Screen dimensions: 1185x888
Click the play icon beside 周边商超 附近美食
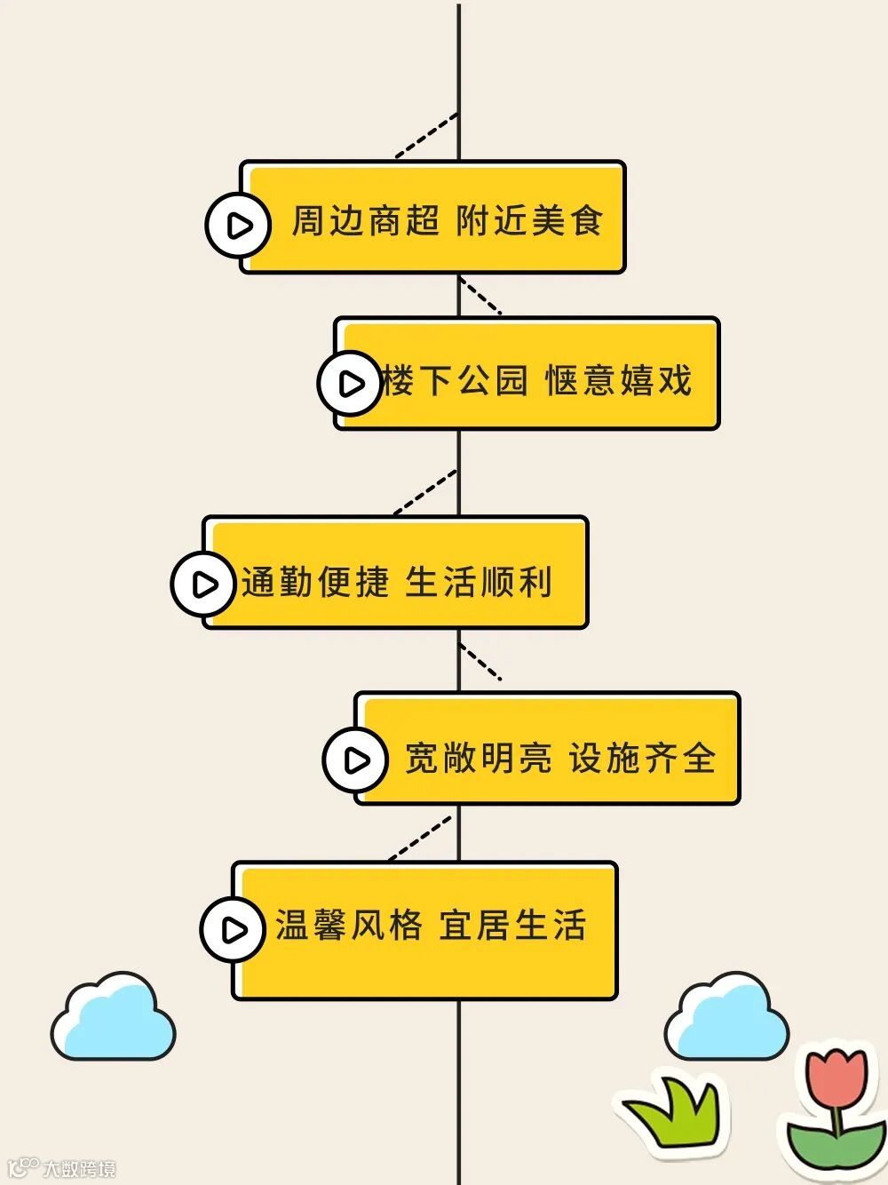[x=238, y=226]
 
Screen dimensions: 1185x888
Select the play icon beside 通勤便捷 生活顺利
[x=204, y=584]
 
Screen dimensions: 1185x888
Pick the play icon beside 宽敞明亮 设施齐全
[x=355, y=760]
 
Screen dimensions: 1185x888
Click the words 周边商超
[x=365, y=221]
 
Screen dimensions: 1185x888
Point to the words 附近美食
[x=529, y=221]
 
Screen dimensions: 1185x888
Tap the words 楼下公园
[x=455, y=381]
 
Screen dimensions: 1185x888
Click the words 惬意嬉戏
[x=618, y=381]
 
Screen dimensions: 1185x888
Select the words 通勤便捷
[x=315, y=583]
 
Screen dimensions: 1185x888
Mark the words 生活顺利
[x=479, y=583]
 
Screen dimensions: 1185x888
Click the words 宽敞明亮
[x=478, y=759]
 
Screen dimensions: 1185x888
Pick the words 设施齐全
[x=642, y=759]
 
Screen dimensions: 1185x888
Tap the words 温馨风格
[x=348, y=926]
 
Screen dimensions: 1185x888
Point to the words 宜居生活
[x=512, y=926]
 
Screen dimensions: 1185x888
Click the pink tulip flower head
[x=836, y=1078]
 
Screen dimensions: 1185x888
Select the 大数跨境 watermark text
[x=79, y=1168]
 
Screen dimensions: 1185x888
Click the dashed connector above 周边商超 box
[x=427, y=136]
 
